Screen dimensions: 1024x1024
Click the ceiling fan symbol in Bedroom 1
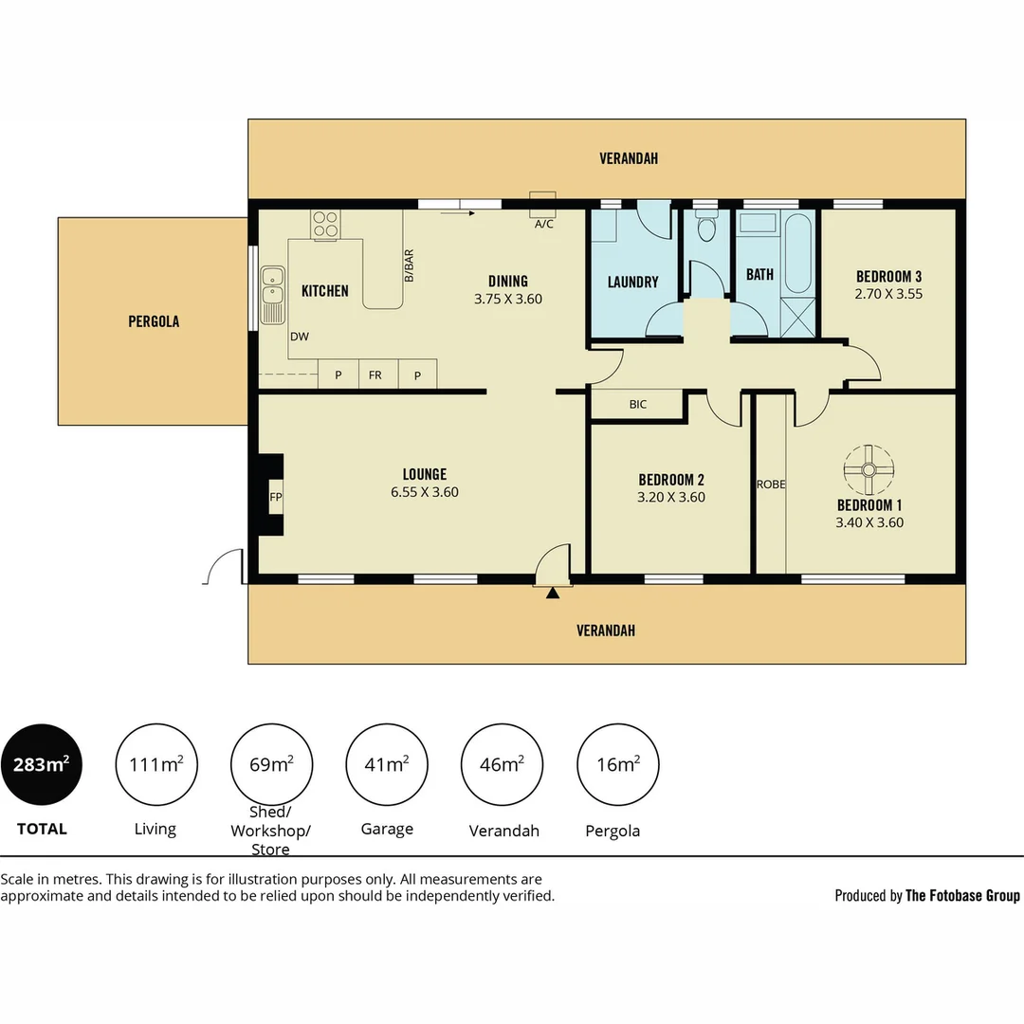tap(868, 469)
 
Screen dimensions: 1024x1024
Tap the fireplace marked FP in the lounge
tap(275, 497)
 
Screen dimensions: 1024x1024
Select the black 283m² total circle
tap(41, 764)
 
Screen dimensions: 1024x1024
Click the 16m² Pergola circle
tap(617, 764)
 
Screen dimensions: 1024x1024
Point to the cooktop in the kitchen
tap(325, 223)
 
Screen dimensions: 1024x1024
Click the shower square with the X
tap(797, 317)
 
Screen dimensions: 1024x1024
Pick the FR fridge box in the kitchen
tap(375, 375)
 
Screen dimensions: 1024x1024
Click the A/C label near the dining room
tap(543, 225)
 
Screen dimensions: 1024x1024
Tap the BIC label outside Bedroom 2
tap(637, 405)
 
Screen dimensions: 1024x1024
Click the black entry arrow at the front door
tap(552, 593)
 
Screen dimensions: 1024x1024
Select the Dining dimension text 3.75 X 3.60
tap(507, 299)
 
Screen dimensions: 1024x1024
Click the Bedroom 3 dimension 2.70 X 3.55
tap(888, 294)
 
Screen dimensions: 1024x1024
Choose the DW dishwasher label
tap(300, 337)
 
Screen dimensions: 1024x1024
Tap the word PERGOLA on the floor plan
tap(154, 321)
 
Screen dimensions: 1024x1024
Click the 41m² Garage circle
tap(387, 764)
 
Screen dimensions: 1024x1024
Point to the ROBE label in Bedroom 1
tap(771, 485)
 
